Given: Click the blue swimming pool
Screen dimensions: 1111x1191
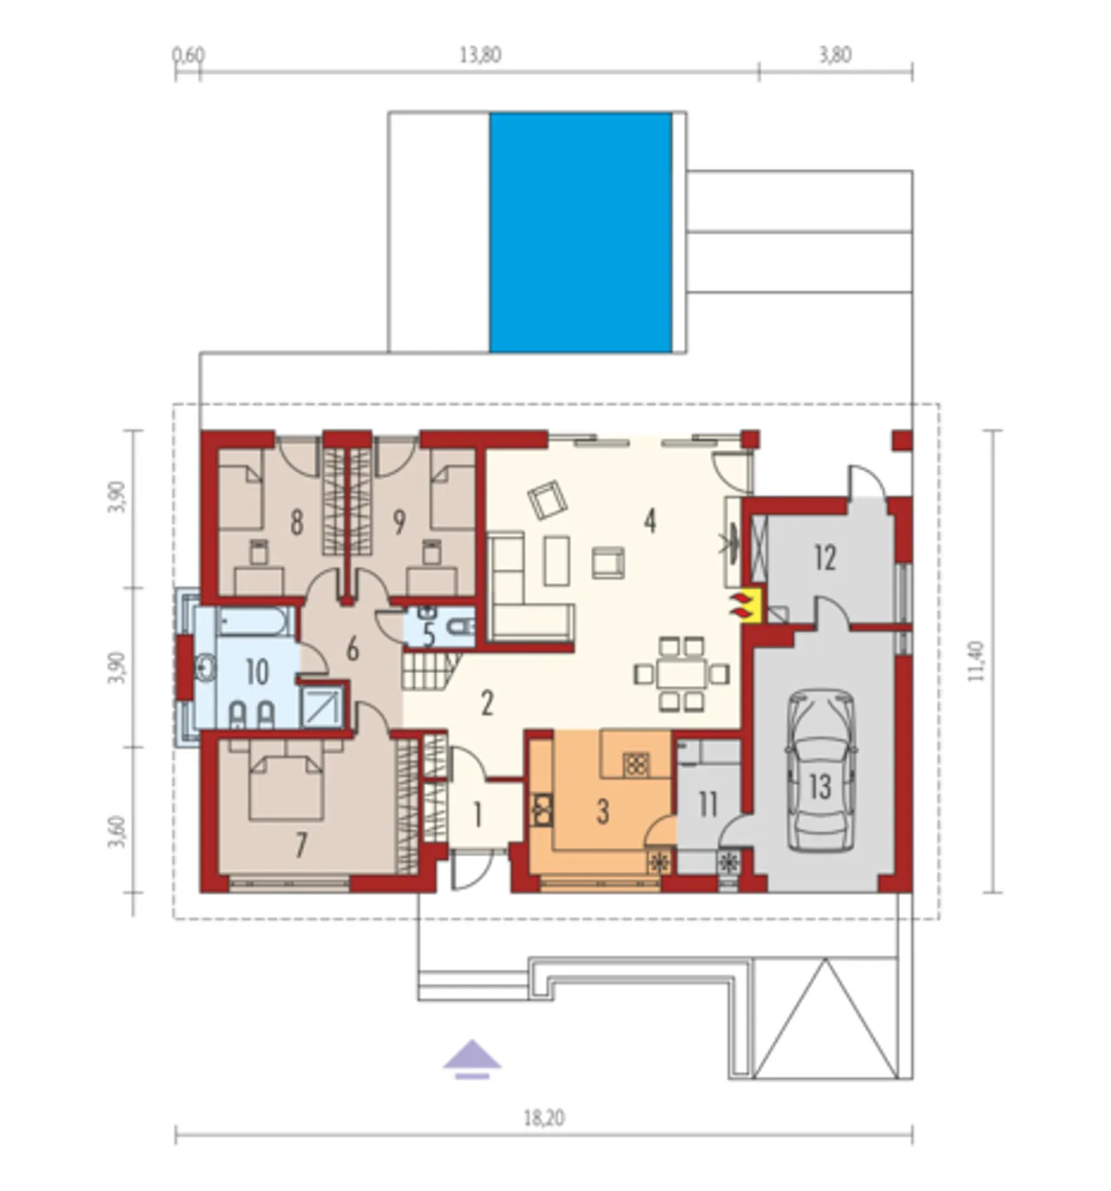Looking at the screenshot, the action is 580,232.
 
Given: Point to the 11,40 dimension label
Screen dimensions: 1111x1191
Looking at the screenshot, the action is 976,662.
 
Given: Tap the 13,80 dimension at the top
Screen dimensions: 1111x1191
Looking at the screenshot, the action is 480,56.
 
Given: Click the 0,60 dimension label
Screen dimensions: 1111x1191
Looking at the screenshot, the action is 188,55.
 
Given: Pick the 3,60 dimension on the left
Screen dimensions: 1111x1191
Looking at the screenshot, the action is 118,831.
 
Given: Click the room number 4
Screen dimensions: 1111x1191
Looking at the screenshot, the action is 649,521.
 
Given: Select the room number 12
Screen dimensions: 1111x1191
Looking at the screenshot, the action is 825,559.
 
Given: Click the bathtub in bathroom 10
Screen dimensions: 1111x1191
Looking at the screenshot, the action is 255,622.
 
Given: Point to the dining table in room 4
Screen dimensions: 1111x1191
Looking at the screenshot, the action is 681,674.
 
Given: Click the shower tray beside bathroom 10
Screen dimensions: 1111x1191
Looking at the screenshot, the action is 323,707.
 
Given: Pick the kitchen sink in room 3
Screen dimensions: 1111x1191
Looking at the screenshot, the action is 542,809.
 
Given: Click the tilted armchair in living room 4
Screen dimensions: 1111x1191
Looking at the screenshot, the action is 547,499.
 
